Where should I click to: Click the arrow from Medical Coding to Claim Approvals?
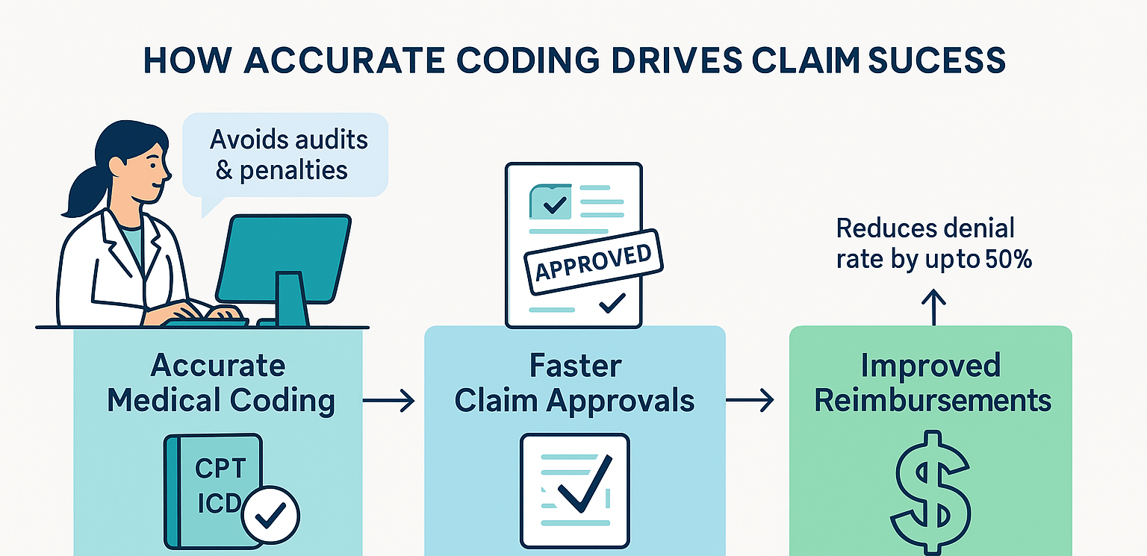tap(389, 402)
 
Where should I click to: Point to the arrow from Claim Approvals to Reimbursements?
tap(750, 402)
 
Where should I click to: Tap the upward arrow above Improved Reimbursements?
tap(933, 307)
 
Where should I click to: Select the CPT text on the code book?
tap(220, 469)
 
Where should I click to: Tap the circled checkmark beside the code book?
tap(270, 514)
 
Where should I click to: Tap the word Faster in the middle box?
tap(575, 366)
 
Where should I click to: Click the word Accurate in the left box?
tap(218, 366)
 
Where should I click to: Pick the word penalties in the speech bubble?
tap(293, 170)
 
